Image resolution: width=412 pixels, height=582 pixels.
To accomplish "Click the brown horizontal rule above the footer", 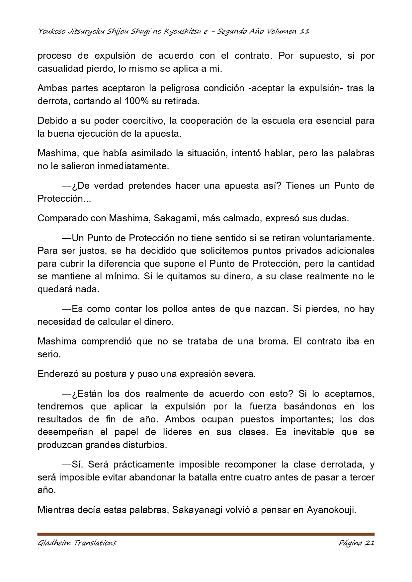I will [206, 534].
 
